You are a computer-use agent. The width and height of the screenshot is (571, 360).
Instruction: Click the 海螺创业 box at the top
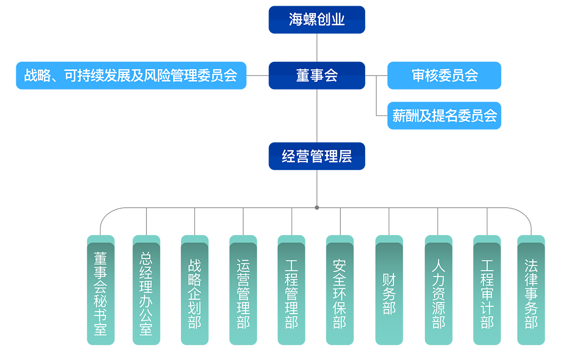(x=317, y=20)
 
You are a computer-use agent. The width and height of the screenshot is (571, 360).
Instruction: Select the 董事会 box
(x=317, y=76)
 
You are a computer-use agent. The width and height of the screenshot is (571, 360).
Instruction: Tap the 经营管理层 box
(x=317, y=156)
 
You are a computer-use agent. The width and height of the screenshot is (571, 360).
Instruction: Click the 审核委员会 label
(x=445, y=76)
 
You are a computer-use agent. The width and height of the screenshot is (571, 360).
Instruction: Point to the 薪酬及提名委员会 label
(x=445, y=116)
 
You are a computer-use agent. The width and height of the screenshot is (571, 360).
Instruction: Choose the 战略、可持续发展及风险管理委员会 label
(x=131, y=76)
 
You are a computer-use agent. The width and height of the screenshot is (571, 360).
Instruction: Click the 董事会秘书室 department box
(x=101, y=293)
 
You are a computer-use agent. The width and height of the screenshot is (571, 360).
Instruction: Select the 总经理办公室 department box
(x=146, y=293)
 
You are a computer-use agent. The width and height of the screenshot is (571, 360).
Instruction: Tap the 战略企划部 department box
(x=195, y=293)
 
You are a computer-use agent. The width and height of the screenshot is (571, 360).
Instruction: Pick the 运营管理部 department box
(x=243, y=293)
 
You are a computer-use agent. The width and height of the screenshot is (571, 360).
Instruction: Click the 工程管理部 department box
(x=291, y=293)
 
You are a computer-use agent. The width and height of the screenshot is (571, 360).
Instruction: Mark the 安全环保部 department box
(x=340, y=293)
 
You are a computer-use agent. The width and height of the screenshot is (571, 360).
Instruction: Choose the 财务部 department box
(x=389, y=293)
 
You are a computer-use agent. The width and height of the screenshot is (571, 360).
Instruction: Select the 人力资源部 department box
(x=438, y=293)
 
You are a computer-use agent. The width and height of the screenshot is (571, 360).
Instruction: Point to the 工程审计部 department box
(x=487, y=293)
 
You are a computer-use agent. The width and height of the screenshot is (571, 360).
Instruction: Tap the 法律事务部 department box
(x=531, y=293)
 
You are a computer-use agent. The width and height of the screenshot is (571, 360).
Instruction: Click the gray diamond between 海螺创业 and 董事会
(x=317, y=47)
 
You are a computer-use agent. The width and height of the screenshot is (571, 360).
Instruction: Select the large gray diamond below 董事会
(x=317, y=115)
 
